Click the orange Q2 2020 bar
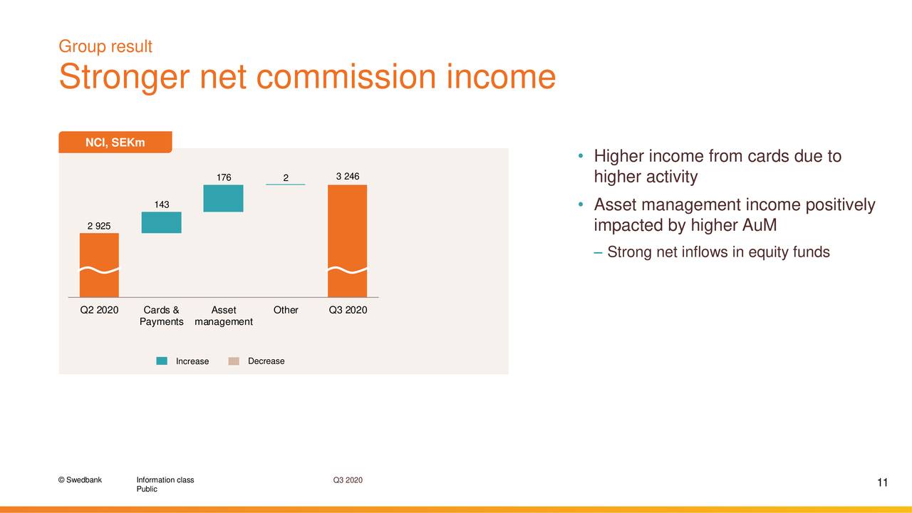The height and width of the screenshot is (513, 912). [99, 265]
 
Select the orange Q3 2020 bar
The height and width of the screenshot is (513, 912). [347, 241]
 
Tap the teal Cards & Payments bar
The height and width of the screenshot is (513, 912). [161, 222]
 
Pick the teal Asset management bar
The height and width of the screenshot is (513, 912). [223, 198]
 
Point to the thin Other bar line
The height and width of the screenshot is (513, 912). [286, 185]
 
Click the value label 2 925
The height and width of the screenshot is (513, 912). [99, 226]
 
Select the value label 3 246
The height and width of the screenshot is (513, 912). [348, 176]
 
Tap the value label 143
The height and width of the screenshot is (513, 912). [162, 204]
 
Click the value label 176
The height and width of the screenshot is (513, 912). [224, 177]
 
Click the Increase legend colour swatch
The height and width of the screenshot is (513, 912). [162, 361]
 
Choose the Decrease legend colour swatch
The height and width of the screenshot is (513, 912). [234, 361]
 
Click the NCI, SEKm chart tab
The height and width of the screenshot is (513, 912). [115, 142]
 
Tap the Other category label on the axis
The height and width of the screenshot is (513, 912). [286, 310]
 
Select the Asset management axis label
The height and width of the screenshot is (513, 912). [224, 316]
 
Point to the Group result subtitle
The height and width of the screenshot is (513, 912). [105, 46]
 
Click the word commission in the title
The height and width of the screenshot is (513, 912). [346, 76]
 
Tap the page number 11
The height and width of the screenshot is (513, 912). [882, 482]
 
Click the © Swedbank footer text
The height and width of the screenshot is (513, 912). [80, 480]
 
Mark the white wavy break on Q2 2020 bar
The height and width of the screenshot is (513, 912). [99, 269]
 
